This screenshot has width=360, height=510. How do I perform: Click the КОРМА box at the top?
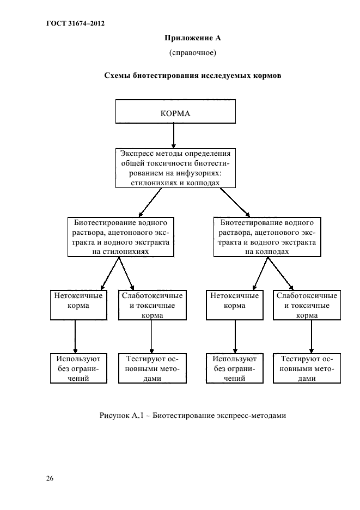click(174, 112)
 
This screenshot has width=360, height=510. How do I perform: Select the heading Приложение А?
click(192, 38)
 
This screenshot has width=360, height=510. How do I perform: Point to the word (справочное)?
click(193, 52)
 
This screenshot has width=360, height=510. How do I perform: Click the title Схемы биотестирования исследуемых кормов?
click(193, 76)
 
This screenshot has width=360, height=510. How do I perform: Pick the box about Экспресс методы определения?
click(175, 168)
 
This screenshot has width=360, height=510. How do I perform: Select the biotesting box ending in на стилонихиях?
click(120, 237)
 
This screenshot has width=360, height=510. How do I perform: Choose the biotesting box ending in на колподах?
click(266, 237)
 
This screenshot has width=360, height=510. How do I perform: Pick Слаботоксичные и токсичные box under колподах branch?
click(307, 305)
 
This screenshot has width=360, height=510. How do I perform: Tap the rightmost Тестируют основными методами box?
click(307, 369)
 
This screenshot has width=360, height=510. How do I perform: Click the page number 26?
click(50, 478)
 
